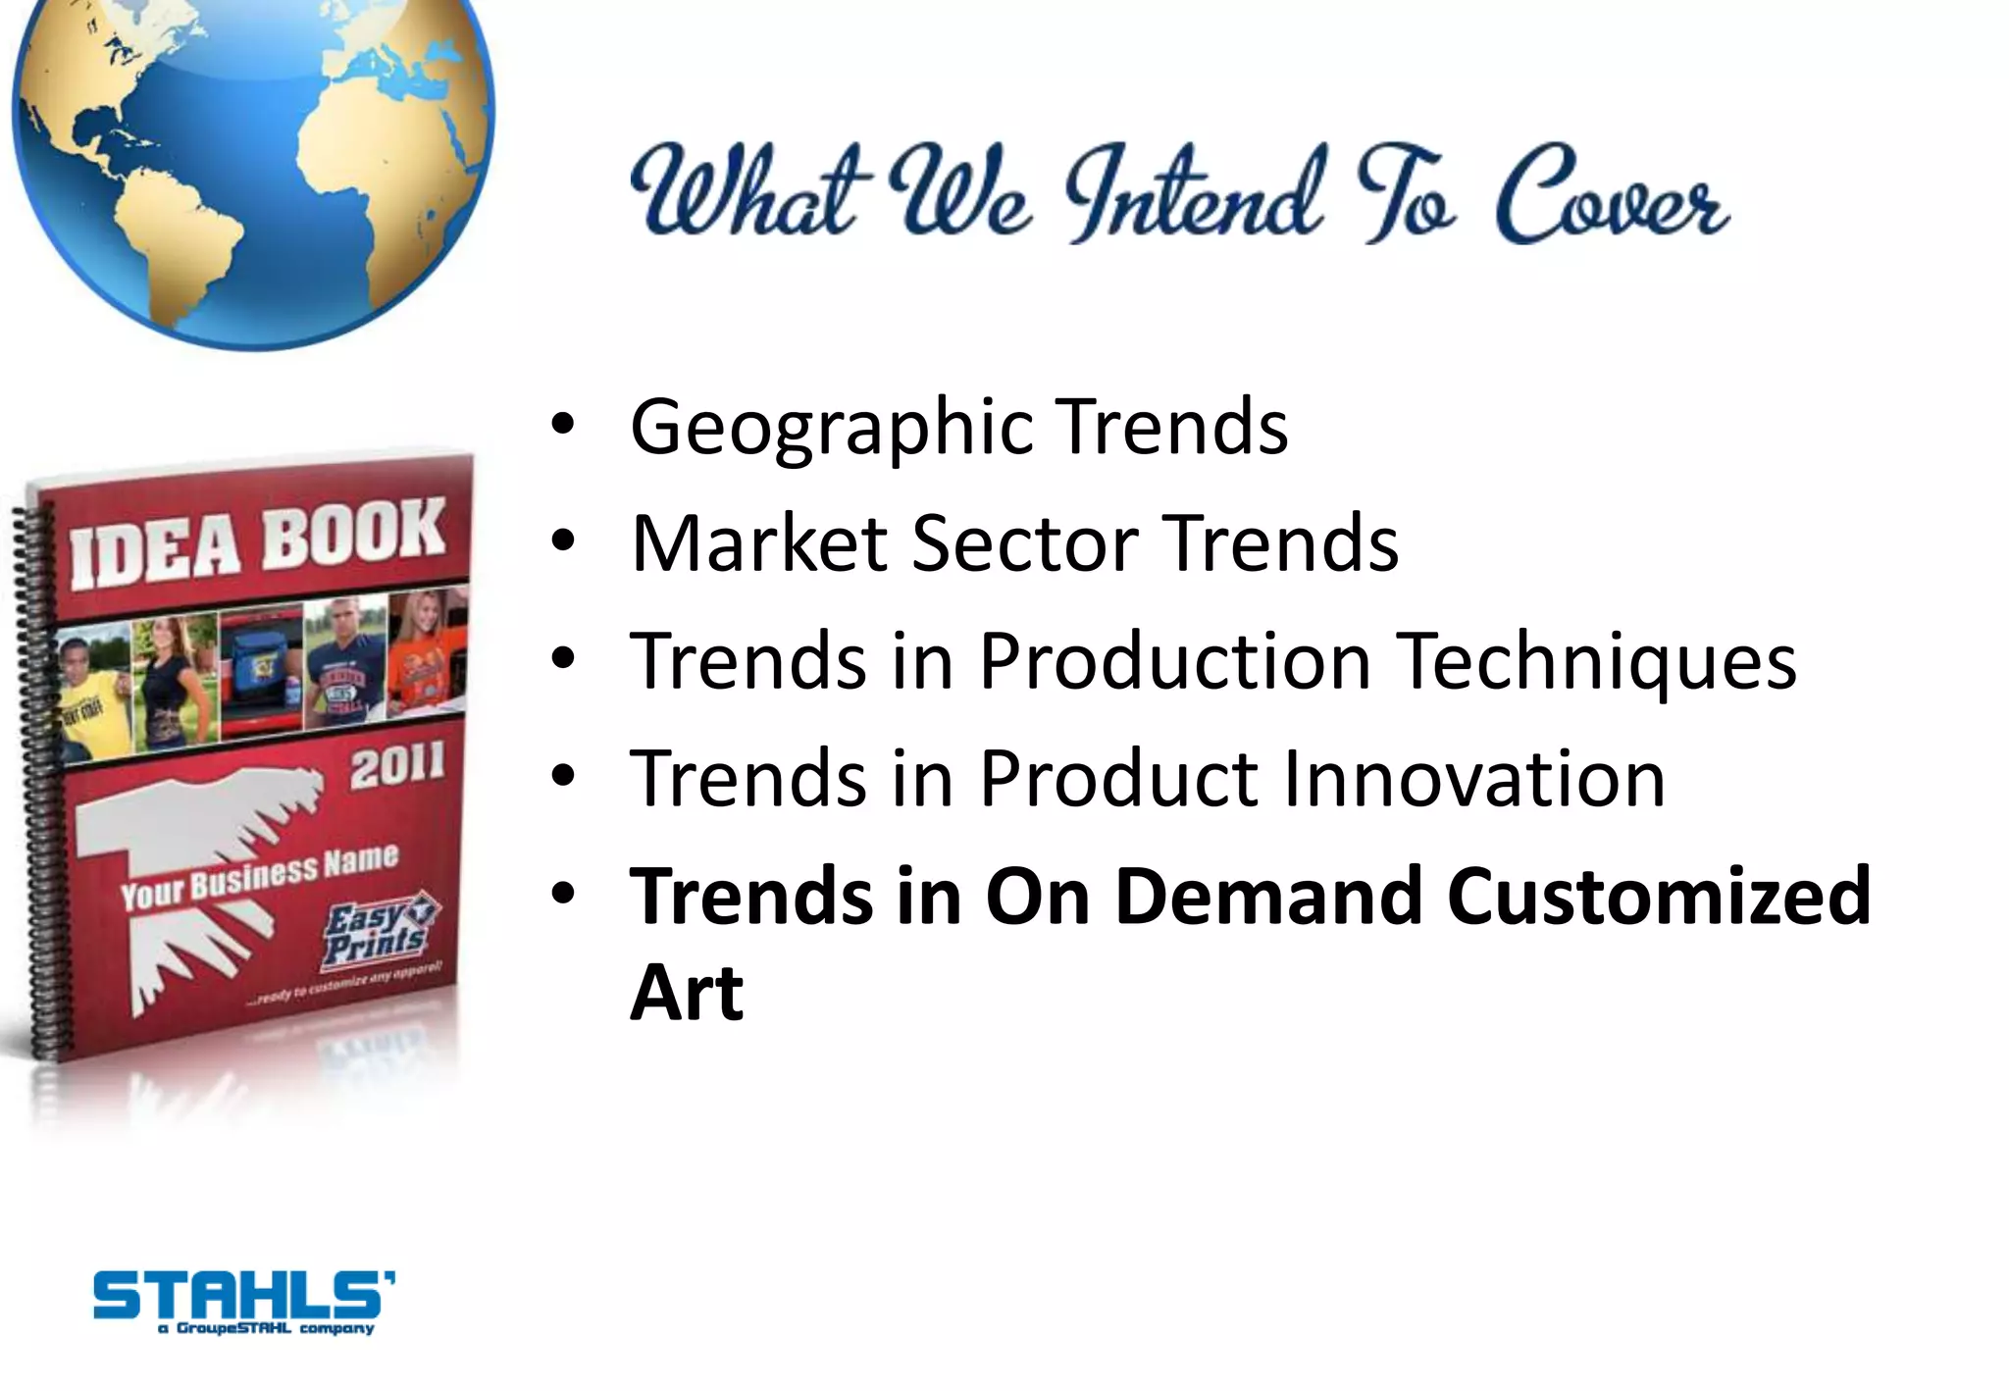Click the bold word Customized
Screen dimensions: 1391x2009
pos(1659,896)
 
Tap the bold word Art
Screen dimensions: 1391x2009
pos(687,993)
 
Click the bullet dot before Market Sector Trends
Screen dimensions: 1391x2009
pos(562,542)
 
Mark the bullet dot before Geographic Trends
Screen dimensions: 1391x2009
pos(562,426)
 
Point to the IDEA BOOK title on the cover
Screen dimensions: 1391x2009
pos(257,542)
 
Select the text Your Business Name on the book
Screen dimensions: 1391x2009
pos(259,876)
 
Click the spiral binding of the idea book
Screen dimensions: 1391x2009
pos(29,785)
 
